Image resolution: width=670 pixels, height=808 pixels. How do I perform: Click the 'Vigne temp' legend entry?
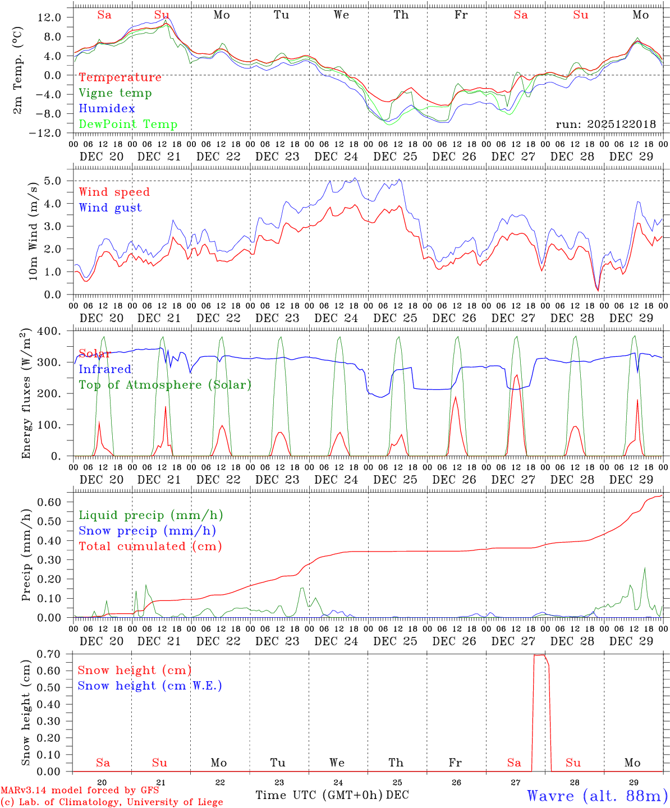[x=115, y=93]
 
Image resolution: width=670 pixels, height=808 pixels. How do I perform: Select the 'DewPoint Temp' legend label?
[x=128, y=125]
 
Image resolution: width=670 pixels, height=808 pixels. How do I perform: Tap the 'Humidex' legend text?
[x=107, y=109]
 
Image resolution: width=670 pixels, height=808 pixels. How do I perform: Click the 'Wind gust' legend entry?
[x=110, y=208]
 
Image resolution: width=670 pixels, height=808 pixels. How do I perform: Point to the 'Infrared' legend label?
[x=105, y=369]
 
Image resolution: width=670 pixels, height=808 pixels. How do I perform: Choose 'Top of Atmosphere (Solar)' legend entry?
[x=165, y=385]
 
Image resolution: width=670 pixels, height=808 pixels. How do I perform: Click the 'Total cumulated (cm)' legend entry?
[x=150, y=547]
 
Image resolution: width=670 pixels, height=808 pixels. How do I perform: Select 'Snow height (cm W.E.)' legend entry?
[x=150, y=686]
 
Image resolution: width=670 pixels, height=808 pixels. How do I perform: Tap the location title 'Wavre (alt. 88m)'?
[x=598, y=796]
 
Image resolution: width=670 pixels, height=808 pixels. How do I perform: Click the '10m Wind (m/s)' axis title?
[x=34, y=231]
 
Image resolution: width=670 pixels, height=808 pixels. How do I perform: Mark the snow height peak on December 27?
[x=539, y=655]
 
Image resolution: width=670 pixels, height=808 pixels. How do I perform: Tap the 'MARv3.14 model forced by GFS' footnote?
[x=80, y=791]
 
